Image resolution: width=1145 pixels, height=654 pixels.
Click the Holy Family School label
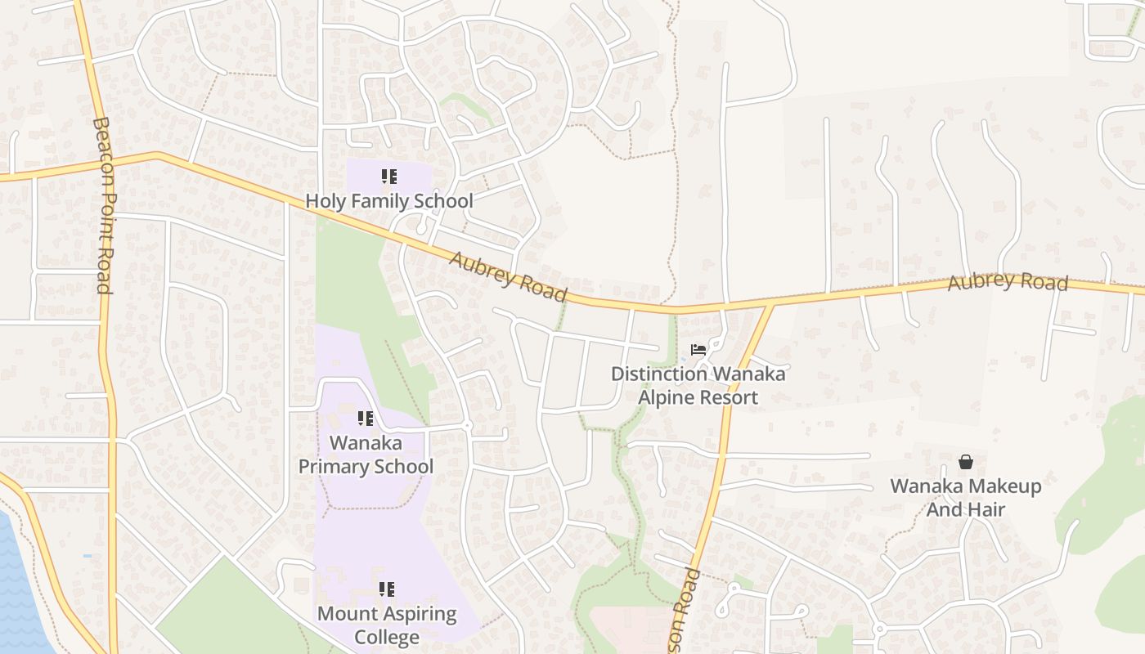click(388, 200)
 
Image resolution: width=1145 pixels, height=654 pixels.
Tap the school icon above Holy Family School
click(388, 177)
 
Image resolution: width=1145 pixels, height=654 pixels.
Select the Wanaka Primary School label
click(366, 455)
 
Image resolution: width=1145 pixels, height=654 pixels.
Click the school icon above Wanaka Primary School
click(366, 419)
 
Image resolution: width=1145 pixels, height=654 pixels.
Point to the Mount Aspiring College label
click(387, 625)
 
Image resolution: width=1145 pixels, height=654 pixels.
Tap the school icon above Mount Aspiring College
click(387, 589)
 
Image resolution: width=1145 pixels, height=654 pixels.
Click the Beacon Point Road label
click(103, 204)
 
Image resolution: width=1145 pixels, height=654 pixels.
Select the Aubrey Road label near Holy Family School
click(508, 276)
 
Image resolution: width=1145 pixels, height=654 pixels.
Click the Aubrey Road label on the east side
click(1008, 282)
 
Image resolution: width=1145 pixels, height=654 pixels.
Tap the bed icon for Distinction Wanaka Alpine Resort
click(698, 350)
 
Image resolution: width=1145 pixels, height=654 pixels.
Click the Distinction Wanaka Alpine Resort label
click(698, 386)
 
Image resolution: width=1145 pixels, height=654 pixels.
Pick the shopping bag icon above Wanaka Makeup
click(966, 462)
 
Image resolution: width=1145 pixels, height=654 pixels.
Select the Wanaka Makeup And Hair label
click(966, 497)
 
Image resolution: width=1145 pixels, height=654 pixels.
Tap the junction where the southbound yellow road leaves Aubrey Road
click(770, 306)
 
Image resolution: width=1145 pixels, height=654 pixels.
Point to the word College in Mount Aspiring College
click(387, 637)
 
